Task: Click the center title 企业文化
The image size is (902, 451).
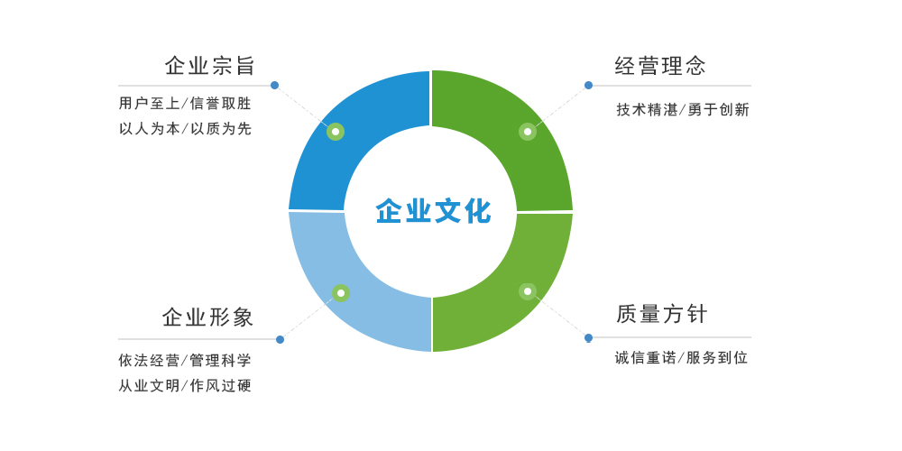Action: pyautogui.click(x=433, y=211)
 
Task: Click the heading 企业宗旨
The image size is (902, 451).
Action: pyautogui.click(x=209, y=66)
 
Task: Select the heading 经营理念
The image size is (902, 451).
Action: pyautogui.click(x=660, y=66)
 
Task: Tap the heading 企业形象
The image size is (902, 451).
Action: pyautogui.click(x=207, y=317)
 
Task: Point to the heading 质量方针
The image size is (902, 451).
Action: pyautogui.click(x=661, y=314)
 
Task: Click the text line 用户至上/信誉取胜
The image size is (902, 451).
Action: pyautogui.click(x=185, y=104)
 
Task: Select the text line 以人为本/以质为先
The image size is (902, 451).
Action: pyautogui.click(x=185, y=129)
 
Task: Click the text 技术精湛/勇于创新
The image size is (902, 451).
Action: pyautogui.click(x=683, y=109)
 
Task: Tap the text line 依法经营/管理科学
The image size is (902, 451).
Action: pyautogui.click(x=185, y=361)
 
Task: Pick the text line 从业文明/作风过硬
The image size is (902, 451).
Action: pyautogui.click(x=185, y=385)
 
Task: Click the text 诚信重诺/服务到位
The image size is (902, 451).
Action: pyautogui.click(x=682, y=358)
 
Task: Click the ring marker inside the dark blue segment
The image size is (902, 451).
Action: pyautogui.click(x=336, y=132)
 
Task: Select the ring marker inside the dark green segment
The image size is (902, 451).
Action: pyautogui.click(x=528, y=132)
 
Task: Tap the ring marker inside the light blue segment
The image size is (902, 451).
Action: pyautogui.click(x=341, y=293)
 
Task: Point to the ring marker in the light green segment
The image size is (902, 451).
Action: pyautogui.click(x=528, y=291)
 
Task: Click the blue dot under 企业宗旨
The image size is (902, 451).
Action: pyautogui.click(x=274, y=85)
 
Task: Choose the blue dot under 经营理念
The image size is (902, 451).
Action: pyautogui.click(x=588, y=85)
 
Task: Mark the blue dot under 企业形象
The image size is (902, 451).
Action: pyautogui.click(x=281, y=339)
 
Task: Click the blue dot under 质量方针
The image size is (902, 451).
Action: pyautogui.click(x=588, y=337)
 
